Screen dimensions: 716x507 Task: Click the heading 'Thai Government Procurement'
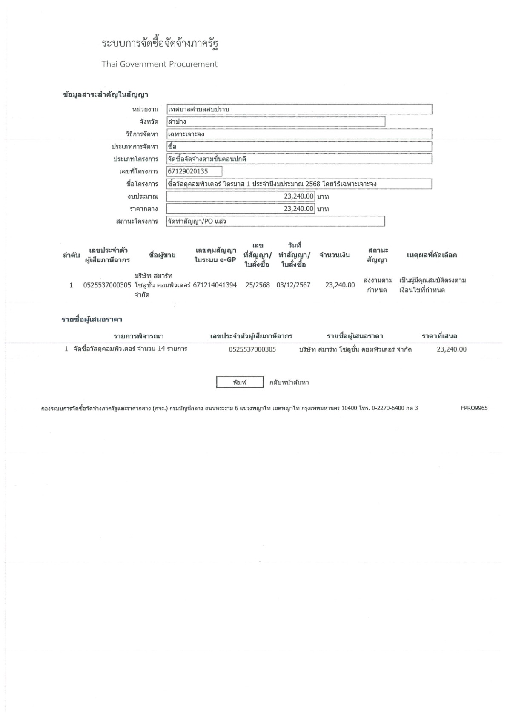tap(159, 64)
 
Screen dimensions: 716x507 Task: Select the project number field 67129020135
tap(194, 171)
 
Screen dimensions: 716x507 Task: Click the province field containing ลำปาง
tap(275, 122)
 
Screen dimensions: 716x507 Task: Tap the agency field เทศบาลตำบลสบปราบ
tap(299, 109)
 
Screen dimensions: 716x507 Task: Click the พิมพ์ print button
tap(240, 382)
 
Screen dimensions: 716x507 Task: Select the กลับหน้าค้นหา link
tap(289, 382)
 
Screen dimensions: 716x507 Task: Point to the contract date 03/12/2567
tap(293, 285)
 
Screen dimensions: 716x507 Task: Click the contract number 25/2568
tap(258, 285)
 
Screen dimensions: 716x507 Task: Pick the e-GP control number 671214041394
tap(215, 285)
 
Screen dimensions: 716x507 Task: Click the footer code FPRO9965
tap(474, 408)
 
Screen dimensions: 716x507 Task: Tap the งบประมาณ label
tap(143, 196)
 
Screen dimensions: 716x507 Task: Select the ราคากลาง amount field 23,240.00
tap(241, 209)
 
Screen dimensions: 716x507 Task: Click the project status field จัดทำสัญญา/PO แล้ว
tap(275, 221)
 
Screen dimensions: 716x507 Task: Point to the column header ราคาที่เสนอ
tap(439, 336)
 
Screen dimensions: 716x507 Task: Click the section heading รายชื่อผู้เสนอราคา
tap(92, 319)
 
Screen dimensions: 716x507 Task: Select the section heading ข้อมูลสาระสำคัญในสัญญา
tap(105, 94)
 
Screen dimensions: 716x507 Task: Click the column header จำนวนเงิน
tap(335, 255)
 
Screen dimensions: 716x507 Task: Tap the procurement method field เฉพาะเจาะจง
tap(299, 134)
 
